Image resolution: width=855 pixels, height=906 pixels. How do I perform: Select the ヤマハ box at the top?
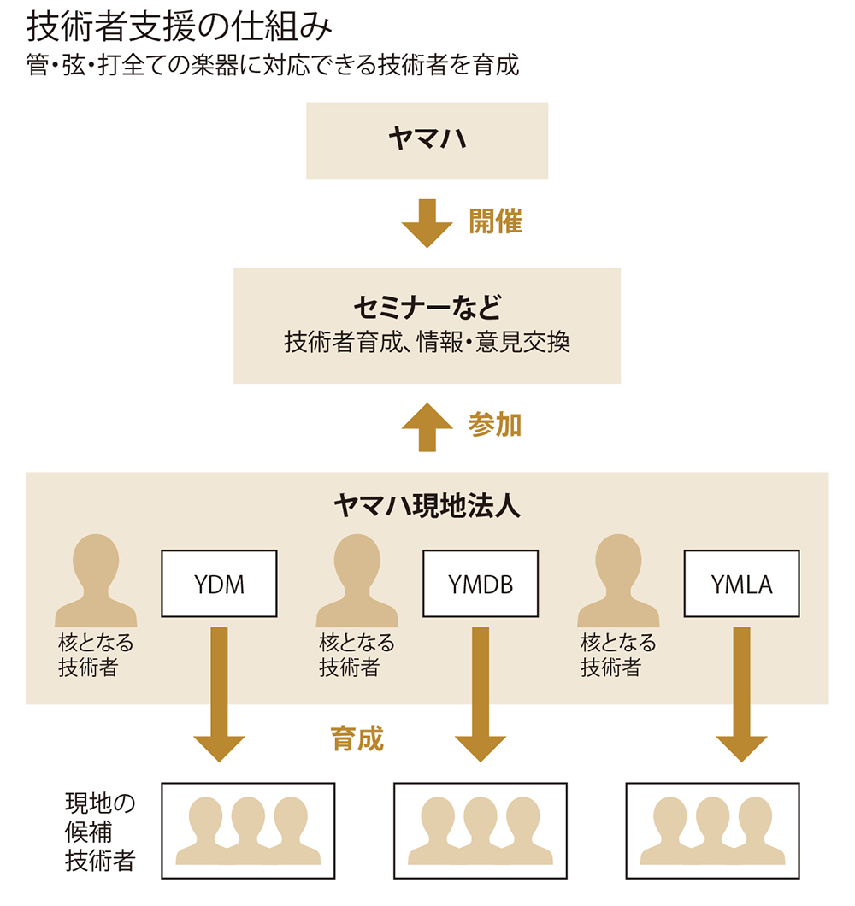427,141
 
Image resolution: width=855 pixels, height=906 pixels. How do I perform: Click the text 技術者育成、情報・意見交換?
427,343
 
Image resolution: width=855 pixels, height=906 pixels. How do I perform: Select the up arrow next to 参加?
427,427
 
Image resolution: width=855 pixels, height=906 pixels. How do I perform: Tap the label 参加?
495,425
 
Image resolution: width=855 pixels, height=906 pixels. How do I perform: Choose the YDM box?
219,584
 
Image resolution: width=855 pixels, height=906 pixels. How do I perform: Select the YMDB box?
481,584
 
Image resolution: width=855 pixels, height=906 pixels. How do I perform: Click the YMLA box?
741,584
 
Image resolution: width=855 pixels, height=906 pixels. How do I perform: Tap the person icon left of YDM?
96,580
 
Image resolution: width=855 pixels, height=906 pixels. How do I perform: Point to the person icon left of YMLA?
618,580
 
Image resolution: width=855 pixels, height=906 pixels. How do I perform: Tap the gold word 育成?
357,738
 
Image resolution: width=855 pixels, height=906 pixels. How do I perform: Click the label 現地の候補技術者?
100,832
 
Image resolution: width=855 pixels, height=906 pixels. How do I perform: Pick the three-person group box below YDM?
248,830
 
